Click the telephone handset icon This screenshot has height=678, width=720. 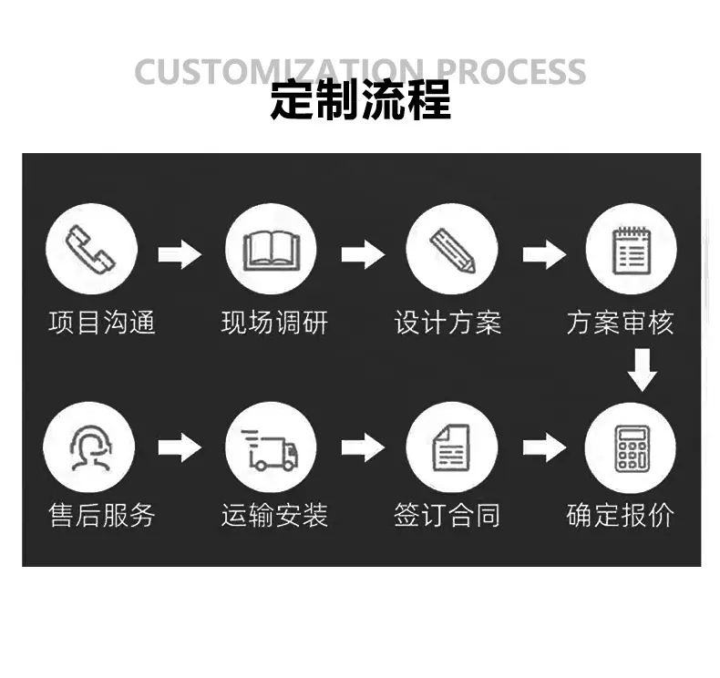pos(90,250)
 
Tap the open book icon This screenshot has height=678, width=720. pos(272,251)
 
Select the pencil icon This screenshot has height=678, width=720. pos(452,251)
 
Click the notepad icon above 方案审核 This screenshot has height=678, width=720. pos(632,251)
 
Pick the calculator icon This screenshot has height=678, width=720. pos(632,448)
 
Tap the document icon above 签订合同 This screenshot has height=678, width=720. pos(452,447)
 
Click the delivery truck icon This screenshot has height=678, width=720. pos(270,450)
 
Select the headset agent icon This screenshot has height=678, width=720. pos(90,447)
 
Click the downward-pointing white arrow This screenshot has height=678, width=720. pos(642,370)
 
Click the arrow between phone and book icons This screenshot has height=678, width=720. pos(180,254)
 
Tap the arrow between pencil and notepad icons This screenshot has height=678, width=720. pos(545,254)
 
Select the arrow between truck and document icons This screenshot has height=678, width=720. pos(364,447)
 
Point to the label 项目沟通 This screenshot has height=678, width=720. pos(102,323)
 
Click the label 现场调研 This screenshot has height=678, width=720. pos(274,323)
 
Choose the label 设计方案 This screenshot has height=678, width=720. pos(447,323)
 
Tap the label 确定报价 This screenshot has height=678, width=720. pos(621,515)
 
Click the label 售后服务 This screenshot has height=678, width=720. pos(102,515)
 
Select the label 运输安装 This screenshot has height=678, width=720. pos(274,515)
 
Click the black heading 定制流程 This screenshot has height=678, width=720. pos(361,100)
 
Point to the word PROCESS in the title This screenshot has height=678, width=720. pos(510,72)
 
